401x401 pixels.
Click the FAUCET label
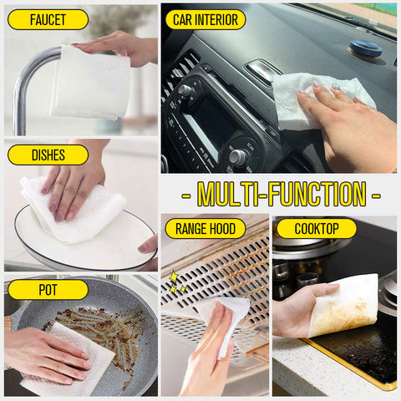[48, 20]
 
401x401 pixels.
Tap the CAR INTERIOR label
[206, 20]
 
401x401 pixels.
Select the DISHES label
[48, 155]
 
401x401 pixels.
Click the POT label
[48, 290]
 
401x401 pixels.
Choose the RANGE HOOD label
[206, 229]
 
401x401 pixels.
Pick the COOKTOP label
[317, 229]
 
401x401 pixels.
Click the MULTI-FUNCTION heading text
[282, 195]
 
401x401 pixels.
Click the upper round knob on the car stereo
[185, 89]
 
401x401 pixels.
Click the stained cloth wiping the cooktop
[344, 306]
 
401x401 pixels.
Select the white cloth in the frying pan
[69, 362]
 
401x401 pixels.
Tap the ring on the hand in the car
[337, 87]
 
